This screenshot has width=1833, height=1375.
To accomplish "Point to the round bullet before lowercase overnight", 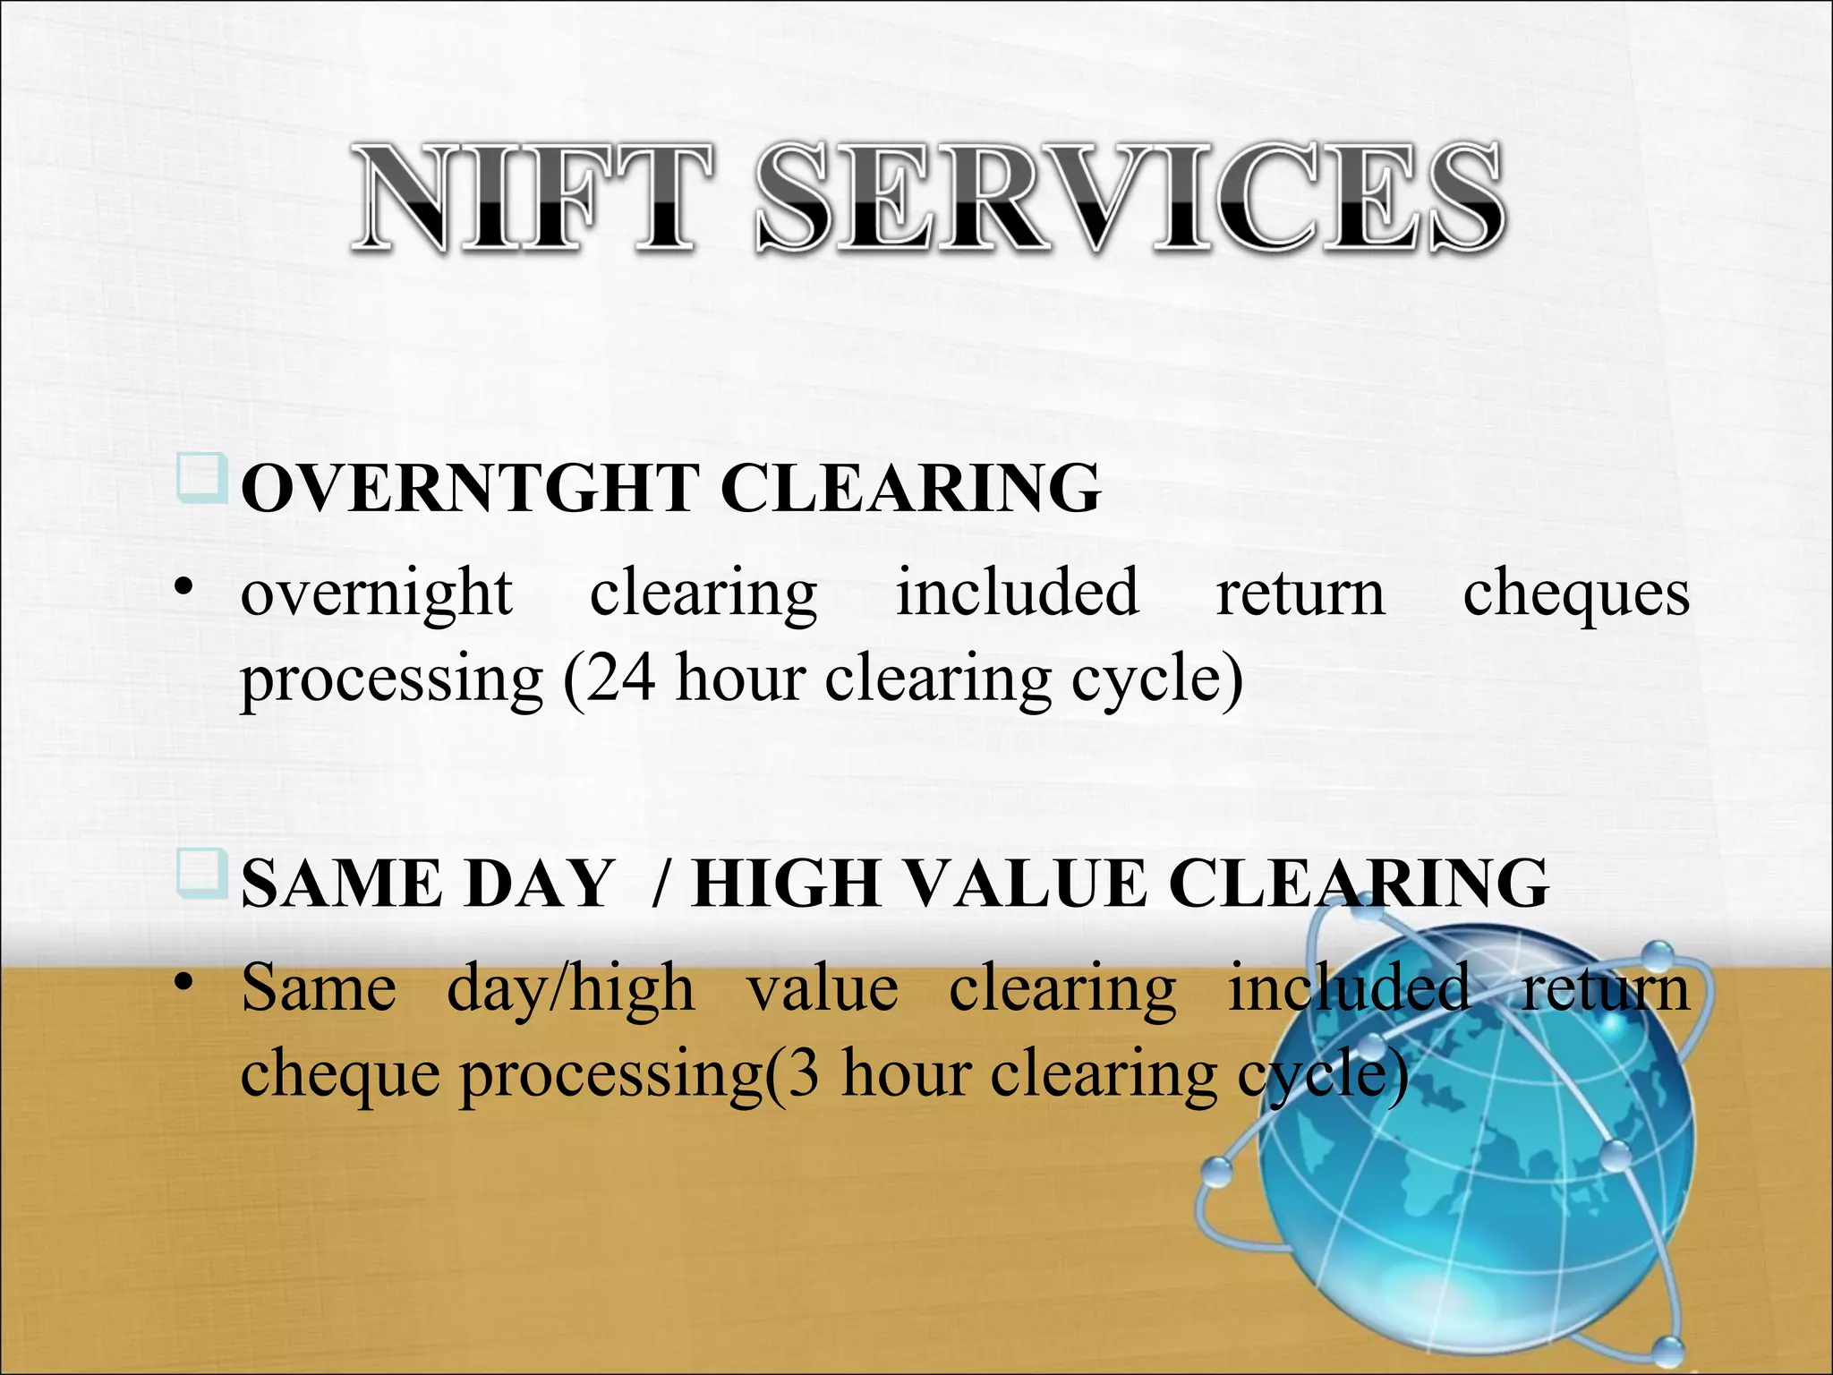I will [x=184, y=588].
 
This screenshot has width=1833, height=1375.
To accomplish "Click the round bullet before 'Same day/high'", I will [x=184, y=983].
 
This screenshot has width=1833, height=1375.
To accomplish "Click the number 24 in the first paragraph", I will [x=620, y=678].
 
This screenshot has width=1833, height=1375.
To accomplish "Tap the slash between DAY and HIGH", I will [x=661, y=884].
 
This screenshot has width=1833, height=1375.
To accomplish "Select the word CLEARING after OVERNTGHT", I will [x=909, y=489].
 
